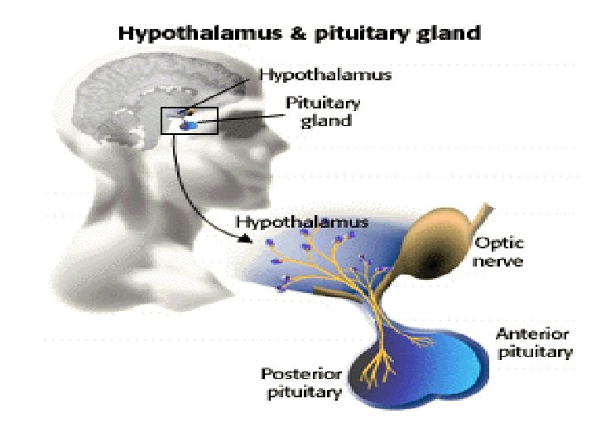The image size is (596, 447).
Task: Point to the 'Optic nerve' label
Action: tap(498, 252)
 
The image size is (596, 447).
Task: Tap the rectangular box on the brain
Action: tap(188, 121)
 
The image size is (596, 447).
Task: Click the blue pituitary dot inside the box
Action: tap(190, 125)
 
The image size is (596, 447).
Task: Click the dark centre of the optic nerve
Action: tap(435, 263)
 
